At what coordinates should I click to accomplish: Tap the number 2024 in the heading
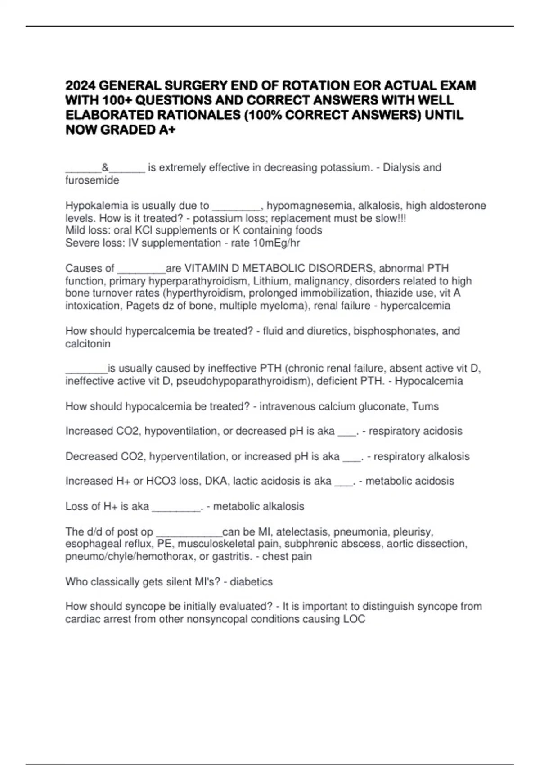81,85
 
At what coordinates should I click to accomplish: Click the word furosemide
92,180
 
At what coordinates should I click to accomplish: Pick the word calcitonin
88,344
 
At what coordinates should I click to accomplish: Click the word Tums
425,406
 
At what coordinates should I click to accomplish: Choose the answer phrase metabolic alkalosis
258,506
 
